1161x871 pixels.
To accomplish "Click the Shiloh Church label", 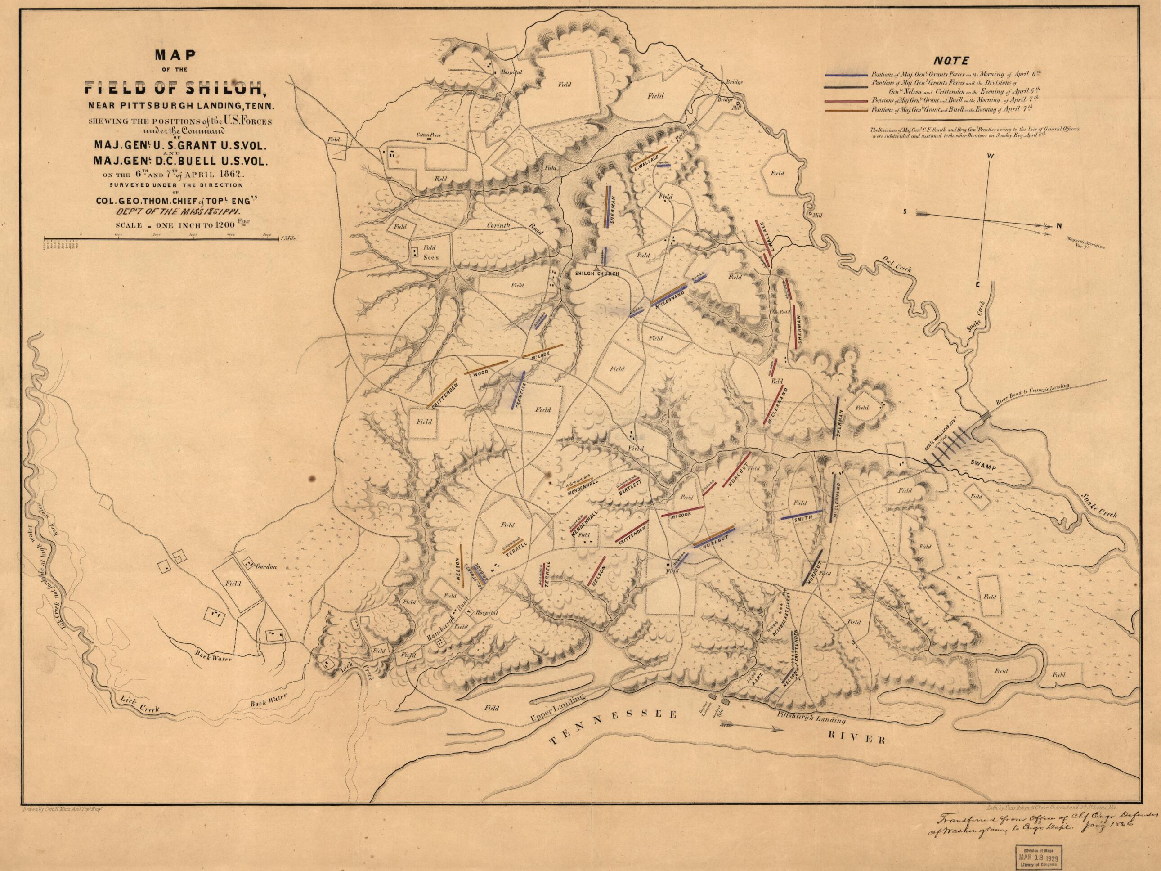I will pos(597,274).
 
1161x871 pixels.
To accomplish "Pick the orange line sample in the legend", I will pos(846,110).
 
